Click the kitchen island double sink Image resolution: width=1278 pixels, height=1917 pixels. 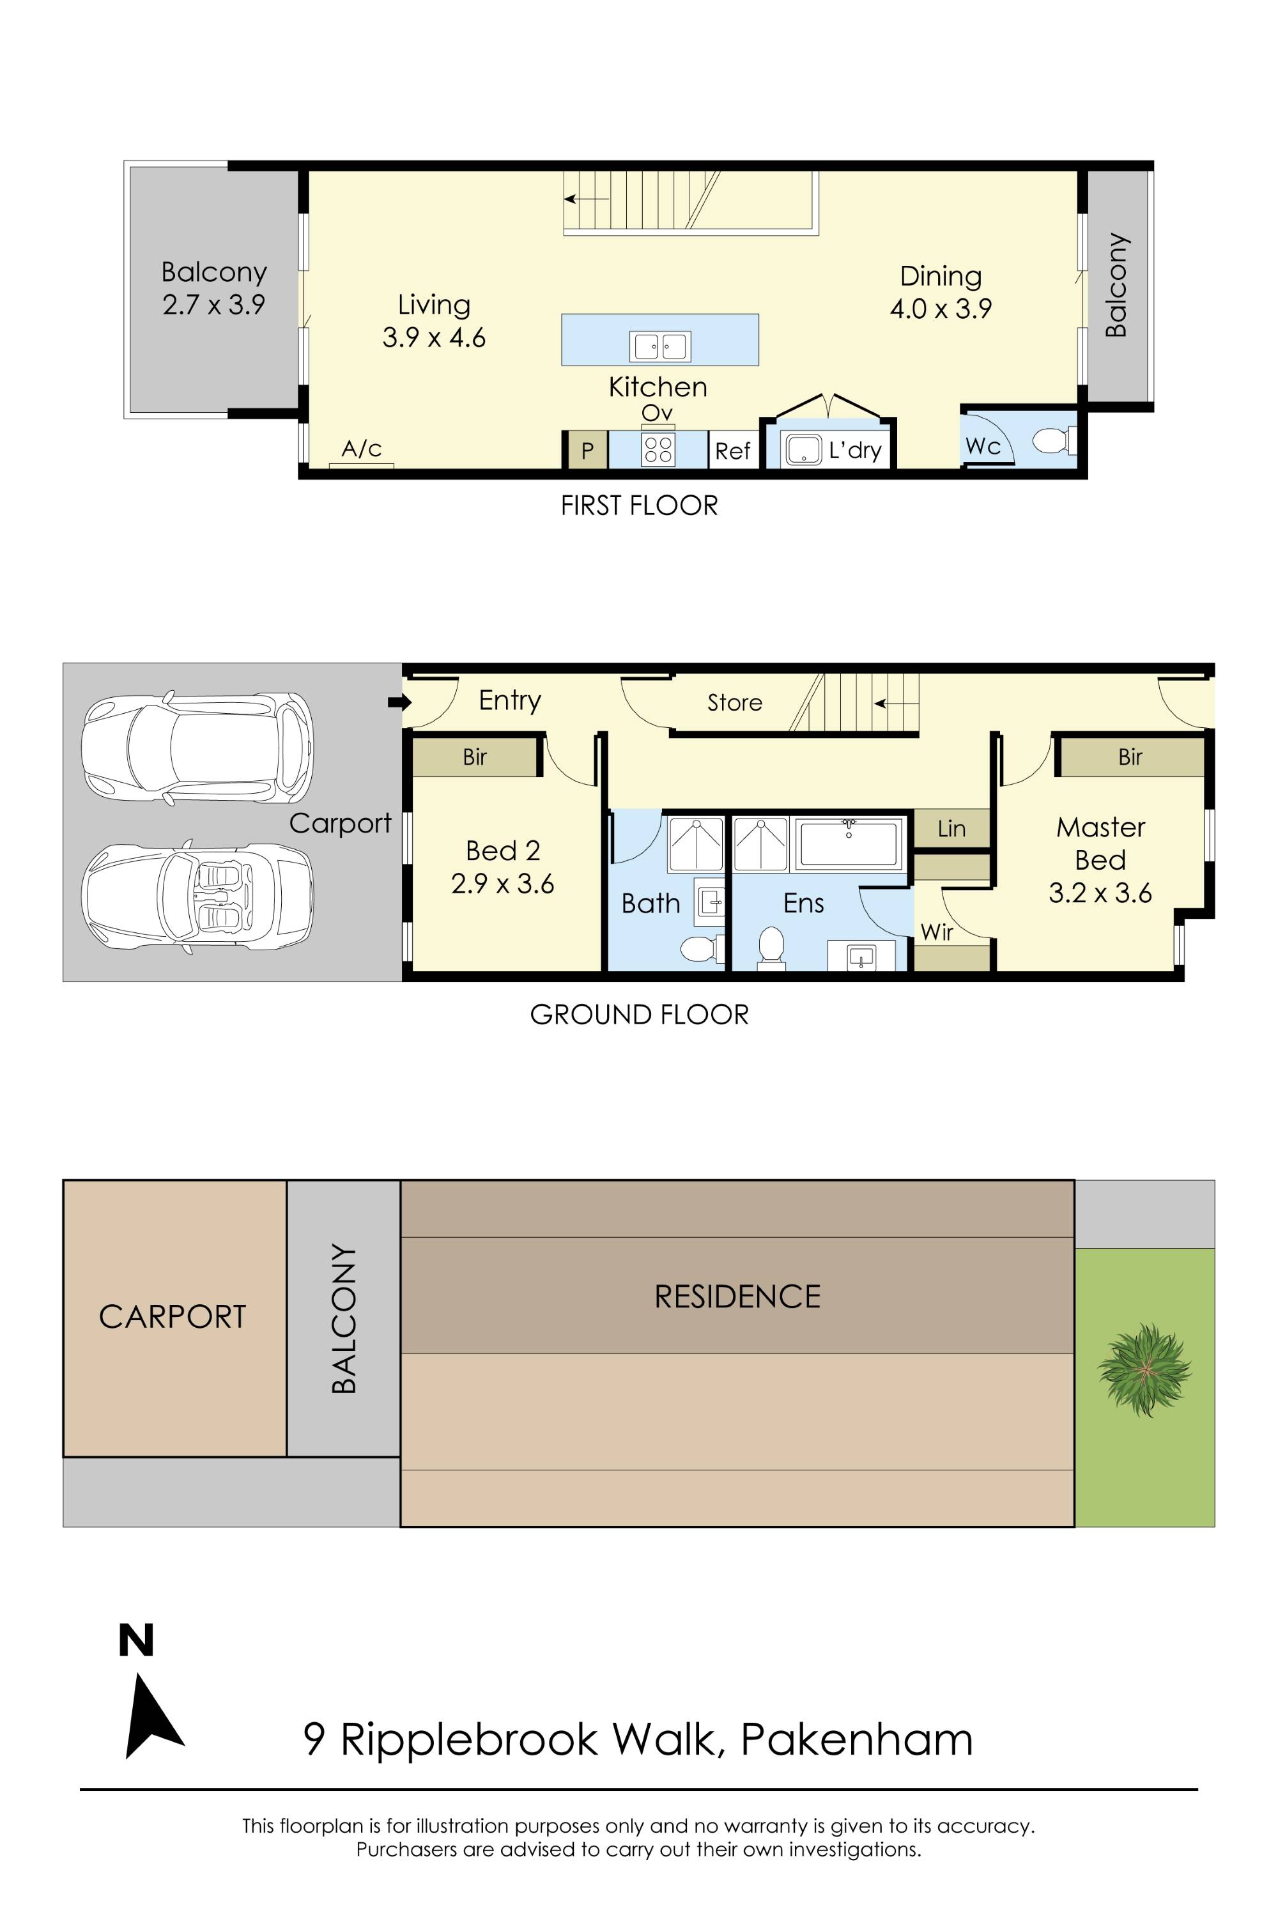659,346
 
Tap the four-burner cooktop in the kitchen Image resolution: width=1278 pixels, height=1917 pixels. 658,450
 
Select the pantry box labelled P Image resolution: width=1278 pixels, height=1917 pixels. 587,450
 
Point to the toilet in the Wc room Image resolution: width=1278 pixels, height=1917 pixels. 1051,441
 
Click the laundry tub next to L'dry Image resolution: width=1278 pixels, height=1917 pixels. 803,450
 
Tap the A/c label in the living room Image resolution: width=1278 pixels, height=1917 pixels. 361,449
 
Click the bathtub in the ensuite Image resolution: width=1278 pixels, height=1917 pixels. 849,843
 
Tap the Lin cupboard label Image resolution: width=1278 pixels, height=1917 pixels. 951,829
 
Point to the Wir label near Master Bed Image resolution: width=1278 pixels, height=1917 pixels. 937,932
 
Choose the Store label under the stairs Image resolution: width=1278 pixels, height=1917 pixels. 734,702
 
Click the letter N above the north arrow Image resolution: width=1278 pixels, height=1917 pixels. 136,1641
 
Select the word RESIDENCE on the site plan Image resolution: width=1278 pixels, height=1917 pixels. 737,1297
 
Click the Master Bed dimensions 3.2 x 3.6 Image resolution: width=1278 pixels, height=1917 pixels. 1100,893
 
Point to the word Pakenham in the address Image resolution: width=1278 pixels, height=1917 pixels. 857,1739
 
